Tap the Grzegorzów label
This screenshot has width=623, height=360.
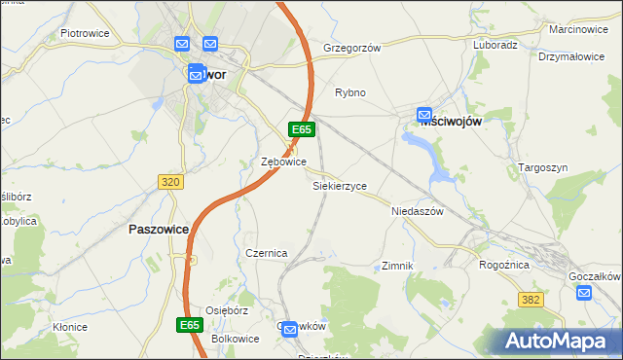(351, 47)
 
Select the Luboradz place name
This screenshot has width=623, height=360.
(495, 45)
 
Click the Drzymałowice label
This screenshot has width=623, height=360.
(571, 57)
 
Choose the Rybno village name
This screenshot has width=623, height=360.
(350, 92)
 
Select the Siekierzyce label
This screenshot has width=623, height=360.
(339, 184)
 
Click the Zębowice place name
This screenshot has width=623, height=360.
(284, 162)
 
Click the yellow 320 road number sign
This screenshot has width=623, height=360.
(170, 181)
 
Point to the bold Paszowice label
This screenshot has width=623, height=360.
(157, 230)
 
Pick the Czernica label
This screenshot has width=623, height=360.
(266, 253)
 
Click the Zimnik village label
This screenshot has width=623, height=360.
(398, 265)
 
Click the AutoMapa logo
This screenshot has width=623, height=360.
(560, 342)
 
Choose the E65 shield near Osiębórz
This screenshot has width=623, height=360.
(191, 324)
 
